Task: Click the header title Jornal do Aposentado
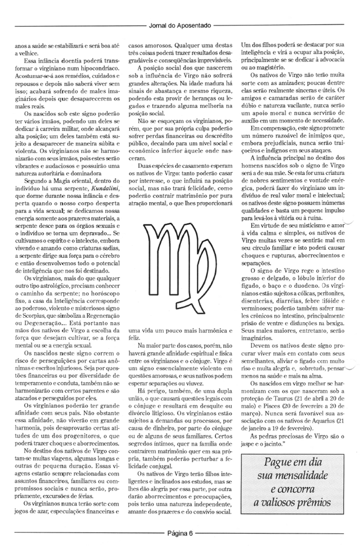pyautogui.click(x=179, y=26)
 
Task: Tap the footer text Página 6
pyautogui.click(x=180, y=532)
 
